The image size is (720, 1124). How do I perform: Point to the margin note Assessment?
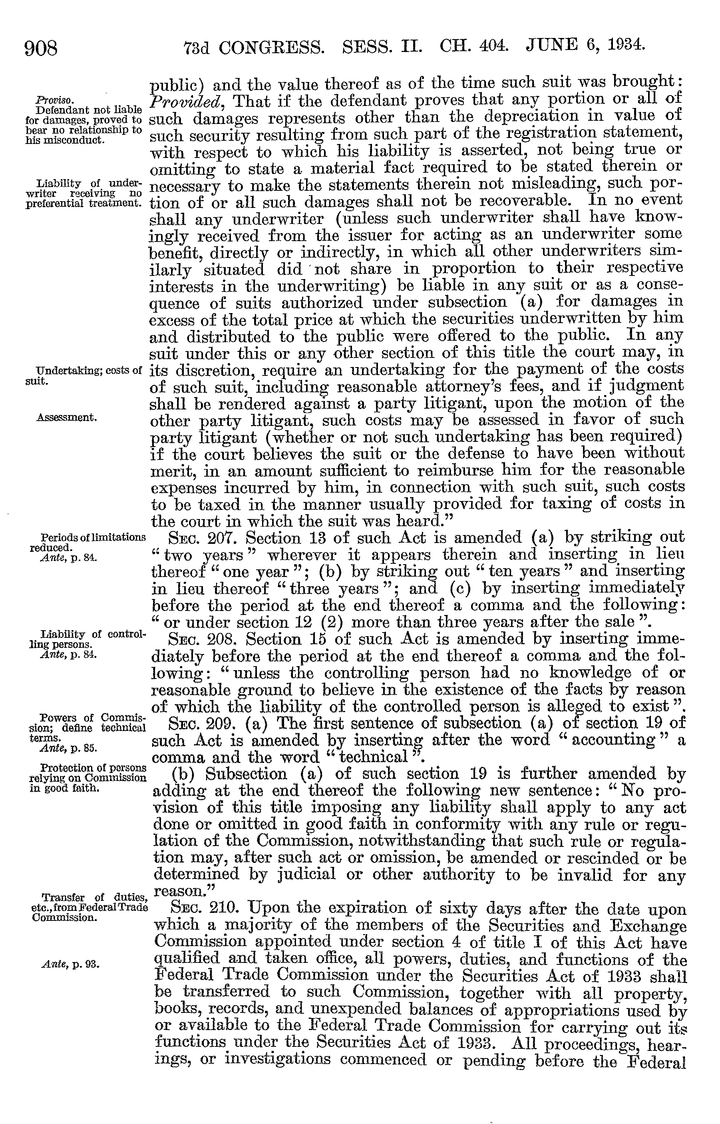66,417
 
